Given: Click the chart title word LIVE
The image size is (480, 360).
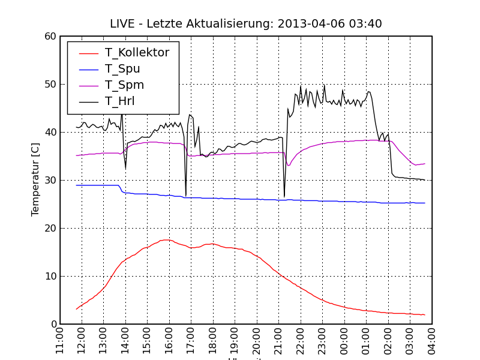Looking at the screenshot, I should pyautogui.click(x=123, y=24).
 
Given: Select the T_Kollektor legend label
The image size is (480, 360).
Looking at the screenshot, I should pyautogui.click(x=137, y=53).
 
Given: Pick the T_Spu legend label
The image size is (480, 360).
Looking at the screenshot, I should pyautogui.click(x=122, y=69).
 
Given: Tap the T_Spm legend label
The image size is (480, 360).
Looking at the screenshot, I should pyautogui.click(x=124, y=85).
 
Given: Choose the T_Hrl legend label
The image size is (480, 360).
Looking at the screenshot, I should pyautogui.click(x=119, y=101).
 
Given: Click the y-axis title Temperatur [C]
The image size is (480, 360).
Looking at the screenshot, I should pyautogui.click(x=35, y=180).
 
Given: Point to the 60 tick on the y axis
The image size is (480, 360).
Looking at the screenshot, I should pyautogui.click(x=50, y=37).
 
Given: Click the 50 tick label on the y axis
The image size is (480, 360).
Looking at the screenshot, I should pyautogui.click(x=50, y=85).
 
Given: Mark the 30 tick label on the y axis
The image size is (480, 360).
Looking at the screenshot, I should pyautogui.click(x=50, y=181).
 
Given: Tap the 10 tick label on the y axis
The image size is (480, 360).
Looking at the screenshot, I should pyautogui.click(x=50, y=277).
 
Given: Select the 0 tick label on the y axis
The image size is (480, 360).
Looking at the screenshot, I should pyautogui.click(x=53, y=325).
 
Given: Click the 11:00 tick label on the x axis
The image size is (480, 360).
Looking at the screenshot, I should pyautogui.click(x=60, y=340).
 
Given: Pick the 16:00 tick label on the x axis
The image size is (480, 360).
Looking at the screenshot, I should pyautogui.click(x=169, y=340).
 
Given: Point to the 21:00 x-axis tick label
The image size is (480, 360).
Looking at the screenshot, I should pyautogui.click(x=279, y=340).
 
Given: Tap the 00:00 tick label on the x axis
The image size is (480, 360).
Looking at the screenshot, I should pyautogui.click(x=344, y=340).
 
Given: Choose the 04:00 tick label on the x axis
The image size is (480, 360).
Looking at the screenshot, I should pyautogui.click(x=432, y=340).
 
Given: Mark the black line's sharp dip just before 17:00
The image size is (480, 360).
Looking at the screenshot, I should pyautogui.click(x=186, y=196).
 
